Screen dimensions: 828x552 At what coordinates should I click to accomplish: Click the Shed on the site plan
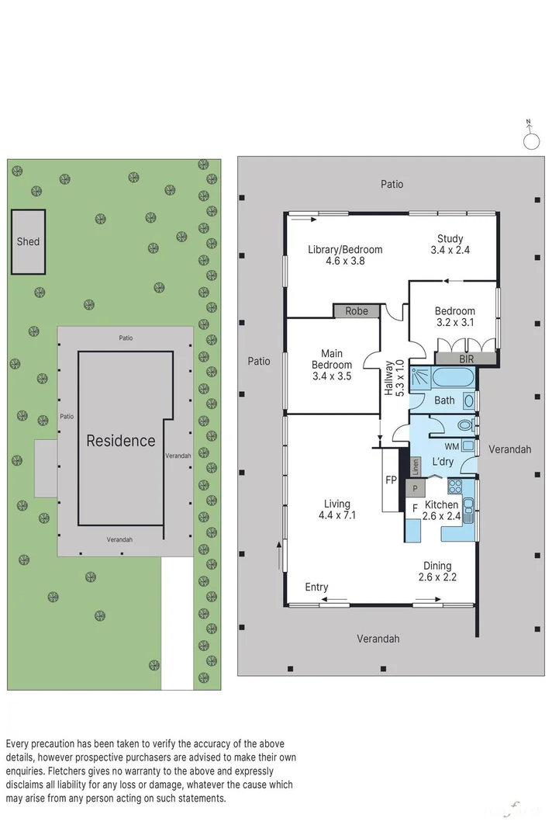tap(28, 241)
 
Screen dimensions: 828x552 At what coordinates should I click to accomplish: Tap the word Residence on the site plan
tap(120, 441)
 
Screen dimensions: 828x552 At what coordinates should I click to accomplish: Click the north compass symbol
tap(531, 141)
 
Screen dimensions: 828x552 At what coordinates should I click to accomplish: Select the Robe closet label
tap(357, 310)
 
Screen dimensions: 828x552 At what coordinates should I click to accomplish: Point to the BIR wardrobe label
tap(466, 359)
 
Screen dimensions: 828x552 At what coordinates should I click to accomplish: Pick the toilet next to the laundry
tap(466, 425)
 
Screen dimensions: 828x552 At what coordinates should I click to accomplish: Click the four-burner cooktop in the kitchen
tap(455, 487)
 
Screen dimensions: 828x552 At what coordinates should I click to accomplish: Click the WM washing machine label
tap(451, 446)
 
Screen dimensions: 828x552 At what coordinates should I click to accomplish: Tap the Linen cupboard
tap(416, 466)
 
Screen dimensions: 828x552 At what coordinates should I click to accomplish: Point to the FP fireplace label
tap(392, 480)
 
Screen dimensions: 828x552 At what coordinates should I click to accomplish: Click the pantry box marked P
tap(415, 488)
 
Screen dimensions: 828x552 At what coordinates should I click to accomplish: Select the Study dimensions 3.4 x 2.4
tap(450, 250)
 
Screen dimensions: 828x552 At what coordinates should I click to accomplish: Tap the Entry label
tap(316, 587)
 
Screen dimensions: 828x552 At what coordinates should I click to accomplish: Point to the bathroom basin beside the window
tap(469, 401)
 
